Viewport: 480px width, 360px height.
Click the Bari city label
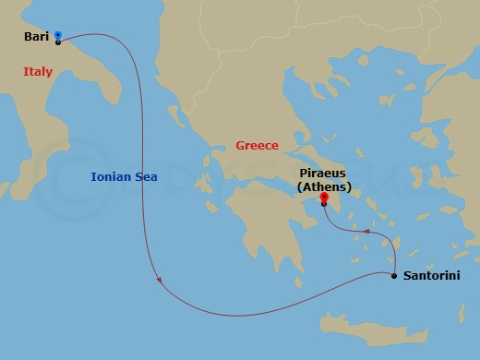(x=36, y=38)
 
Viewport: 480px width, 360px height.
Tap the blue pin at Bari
(x=57, y=36)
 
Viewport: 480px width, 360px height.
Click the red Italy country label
(x=38, y=71)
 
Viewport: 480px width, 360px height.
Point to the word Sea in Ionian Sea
(x=145, y=176)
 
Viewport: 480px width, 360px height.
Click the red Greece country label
(x=257, y=146)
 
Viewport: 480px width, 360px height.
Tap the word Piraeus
(x=323, y=173)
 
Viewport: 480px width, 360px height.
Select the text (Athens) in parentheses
(x=323, y=186)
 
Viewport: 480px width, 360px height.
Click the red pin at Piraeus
(x=324, y=198)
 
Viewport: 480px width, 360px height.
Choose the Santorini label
(x=431, y=276)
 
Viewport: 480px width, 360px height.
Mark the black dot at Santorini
(x=394, y=275)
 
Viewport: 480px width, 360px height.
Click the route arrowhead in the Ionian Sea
(x=161, y=281)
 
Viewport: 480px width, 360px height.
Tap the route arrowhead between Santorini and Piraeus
(x=365, y=231)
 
